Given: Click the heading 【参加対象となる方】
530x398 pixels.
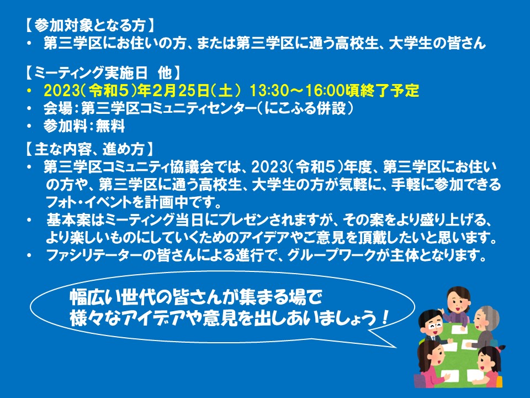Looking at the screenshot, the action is click(90, 25).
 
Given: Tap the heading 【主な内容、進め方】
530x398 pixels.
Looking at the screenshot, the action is click(90, 149).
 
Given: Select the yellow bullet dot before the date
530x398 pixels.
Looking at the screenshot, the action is click(30, 90).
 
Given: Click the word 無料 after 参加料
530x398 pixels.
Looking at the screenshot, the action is click(110, 126).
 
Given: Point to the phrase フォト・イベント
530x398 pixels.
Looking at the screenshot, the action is click(88, 202).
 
